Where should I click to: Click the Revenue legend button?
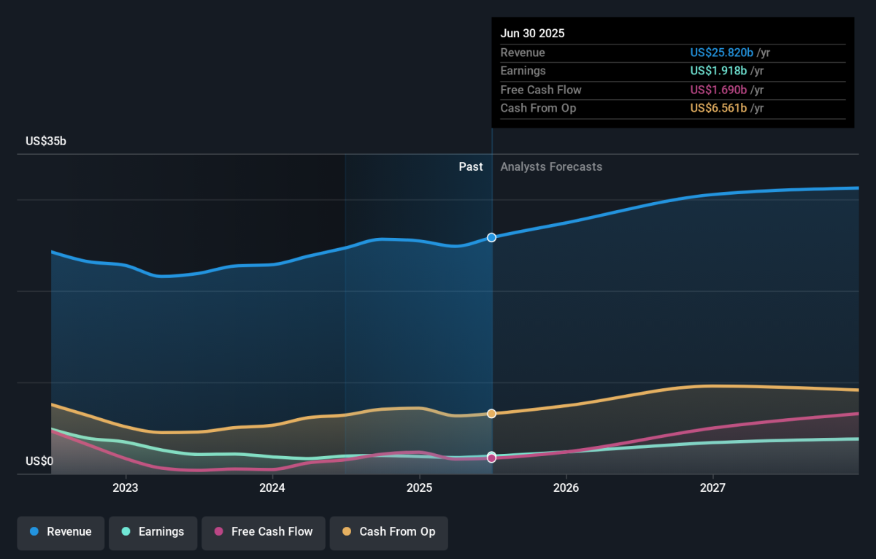(x=61, y=533)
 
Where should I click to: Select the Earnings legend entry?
(x=153, y=533)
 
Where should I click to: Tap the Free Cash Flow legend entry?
(x=264, y=533)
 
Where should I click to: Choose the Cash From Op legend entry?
(x=388, y=533)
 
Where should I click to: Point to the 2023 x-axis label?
(x=126, y=488)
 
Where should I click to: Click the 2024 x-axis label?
(x=272, y=488)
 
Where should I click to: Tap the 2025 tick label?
(x=419, y=488)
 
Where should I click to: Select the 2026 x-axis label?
(x=566, y=488)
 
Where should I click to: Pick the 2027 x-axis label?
(x=712, y=488)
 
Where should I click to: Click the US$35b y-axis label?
(x=46, y=141)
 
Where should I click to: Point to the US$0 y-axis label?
(x=39, y=461)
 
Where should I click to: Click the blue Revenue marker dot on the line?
(x=491, y=238)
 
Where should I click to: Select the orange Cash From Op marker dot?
(x=491, y=414)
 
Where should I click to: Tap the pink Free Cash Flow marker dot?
(x=491, y=458)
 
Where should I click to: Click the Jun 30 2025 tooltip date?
(x=532, y=34)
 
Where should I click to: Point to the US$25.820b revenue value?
(x=721, y=53)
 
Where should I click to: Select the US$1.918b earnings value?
(x=718, y=71)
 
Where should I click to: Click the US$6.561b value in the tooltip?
(x=718, y=108)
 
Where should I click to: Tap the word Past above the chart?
(x=471, y=167)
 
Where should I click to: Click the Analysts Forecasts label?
(x=551, y=167)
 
